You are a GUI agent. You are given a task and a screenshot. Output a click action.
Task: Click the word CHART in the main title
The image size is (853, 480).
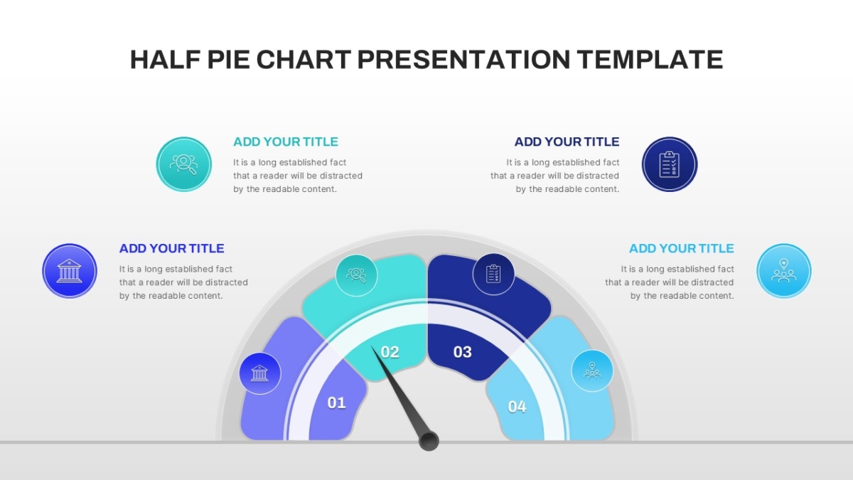304,60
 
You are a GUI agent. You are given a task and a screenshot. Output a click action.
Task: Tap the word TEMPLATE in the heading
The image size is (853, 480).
650,60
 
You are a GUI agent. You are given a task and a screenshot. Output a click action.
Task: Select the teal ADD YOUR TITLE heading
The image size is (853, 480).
286,142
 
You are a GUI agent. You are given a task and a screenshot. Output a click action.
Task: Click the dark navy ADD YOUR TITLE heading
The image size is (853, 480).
567,142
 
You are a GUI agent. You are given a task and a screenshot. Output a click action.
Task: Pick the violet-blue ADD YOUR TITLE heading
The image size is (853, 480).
172,248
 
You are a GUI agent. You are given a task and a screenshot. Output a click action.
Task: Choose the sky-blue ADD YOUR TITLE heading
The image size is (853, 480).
681,248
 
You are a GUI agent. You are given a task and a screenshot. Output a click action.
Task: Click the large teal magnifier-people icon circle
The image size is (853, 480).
184,164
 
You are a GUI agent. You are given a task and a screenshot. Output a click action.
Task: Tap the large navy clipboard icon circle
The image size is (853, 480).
670,164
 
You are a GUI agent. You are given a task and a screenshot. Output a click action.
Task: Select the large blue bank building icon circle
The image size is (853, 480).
70,271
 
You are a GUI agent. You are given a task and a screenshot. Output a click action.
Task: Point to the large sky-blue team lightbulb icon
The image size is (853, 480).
783,271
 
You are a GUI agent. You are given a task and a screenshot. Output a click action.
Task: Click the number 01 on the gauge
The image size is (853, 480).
337,402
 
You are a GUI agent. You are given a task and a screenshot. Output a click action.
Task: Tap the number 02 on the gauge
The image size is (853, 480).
390,352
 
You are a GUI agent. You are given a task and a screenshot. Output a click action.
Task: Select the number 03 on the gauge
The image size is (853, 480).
462,352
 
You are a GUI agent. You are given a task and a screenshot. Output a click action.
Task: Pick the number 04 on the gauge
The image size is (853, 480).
517,407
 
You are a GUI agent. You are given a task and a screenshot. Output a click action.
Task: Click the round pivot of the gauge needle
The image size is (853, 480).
429,441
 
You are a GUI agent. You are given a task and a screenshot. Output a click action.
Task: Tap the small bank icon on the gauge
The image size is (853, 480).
260,373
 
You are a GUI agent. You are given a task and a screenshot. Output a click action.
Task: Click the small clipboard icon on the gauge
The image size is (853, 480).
493,274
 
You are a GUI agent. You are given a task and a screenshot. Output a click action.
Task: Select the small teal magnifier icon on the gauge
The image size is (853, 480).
356,275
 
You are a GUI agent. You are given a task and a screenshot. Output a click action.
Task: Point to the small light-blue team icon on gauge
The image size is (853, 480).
592,370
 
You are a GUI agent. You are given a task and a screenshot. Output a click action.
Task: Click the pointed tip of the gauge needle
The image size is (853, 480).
372,346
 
